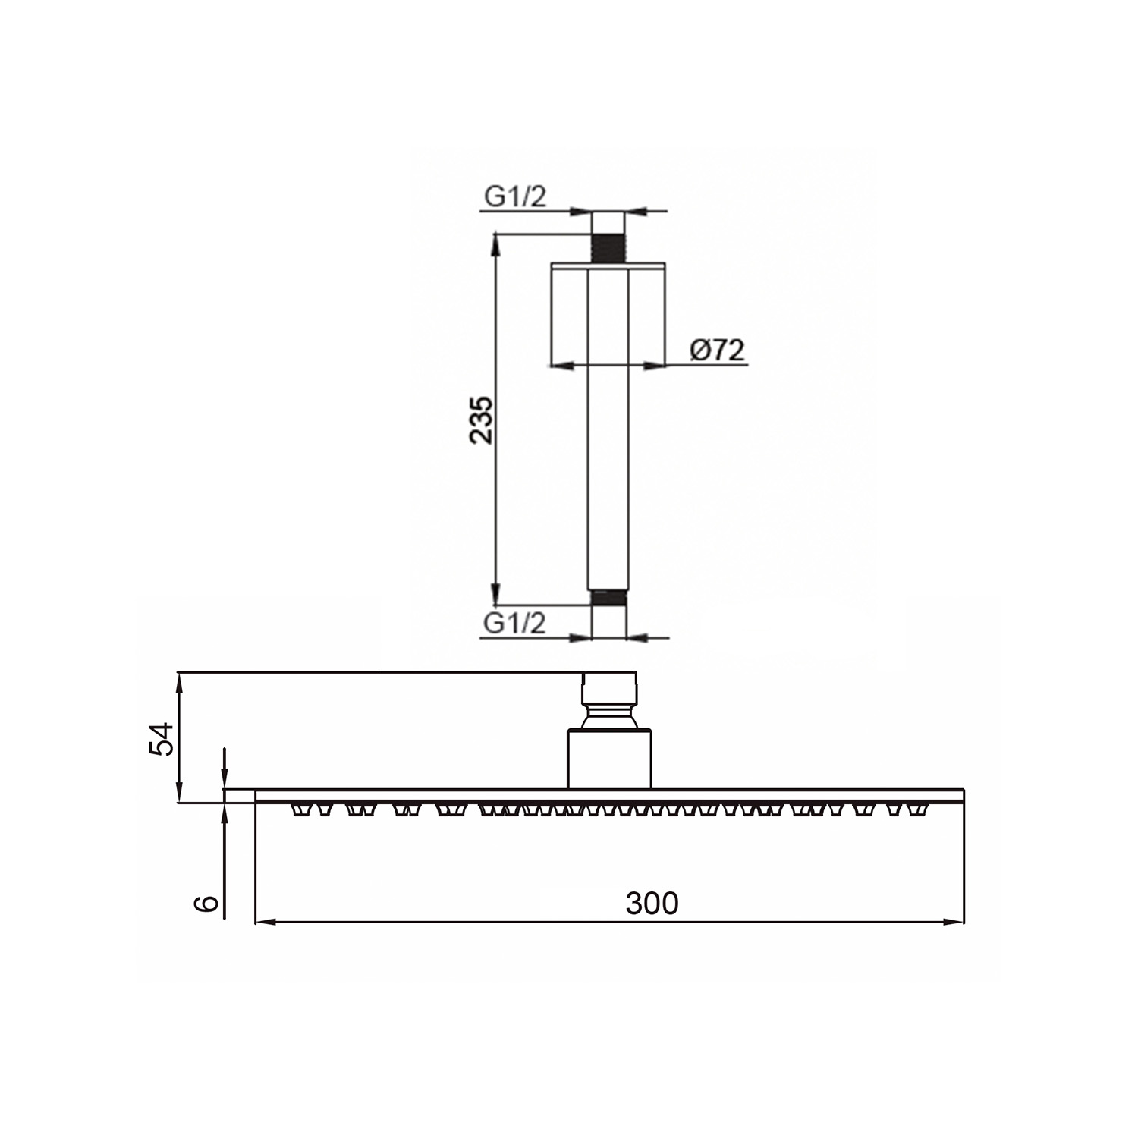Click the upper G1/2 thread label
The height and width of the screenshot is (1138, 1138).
pyautogui.click(x=515, y=197)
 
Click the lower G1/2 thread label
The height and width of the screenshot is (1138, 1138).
pyautogui.click(x=515, y=624)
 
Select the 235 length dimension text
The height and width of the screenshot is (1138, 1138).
pyautogui.click(x=481, y=420)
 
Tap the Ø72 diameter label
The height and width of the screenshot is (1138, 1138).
pyautogui.click(x=717, y=351)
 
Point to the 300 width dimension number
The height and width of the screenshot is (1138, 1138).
pyautogui.click(x=652, y=904)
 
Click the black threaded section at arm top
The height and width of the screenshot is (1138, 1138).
pyautogui.click(x=608, y=248)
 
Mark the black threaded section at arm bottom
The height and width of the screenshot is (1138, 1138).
pyautogui.click(x=608, y=598)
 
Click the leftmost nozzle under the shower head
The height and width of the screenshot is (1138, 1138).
pyautogui.click(x=301, y=811)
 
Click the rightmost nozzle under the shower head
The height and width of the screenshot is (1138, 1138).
pyautogui.click(x=920, y=811)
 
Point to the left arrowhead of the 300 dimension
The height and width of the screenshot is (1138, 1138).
pyautogui.click(x=262, y=922)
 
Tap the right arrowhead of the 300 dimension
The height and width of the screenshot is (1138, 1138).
pyautogui.click(x=957, y=922)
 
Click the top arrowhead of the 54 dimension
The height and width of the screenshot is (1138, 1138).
pyautogui.click(x=179, y=681)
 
